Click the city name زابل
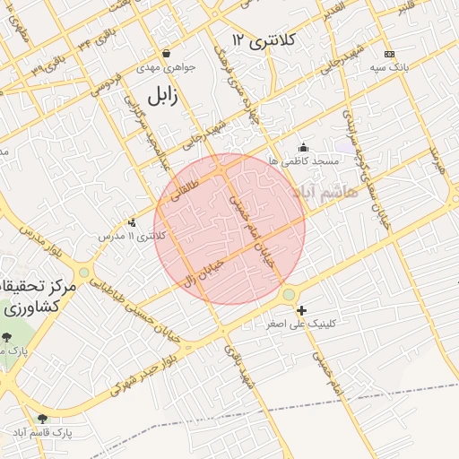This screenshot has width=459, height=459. pyautogui.click(x=168, y=95)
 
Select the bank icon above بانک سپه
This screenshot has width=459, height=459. pyautogui.click(x=387, y=54)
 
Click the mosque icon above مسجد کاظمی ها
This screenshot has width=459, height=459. pyautogui.click(x=303, y=148)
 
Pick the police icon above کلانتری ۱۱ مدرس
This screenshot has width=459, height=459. pyautogui.click(x=133, y=221)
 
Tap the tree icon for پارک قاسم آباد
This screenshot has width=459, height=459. pyautogui.click(x=42, y=419)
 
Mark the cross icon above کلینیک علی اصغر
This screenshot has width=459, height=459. pyautogui.click(x=300, y=309)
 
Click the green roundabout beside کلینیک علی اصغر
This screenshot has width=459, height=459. pyautogui.click(x=289, y=295)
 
